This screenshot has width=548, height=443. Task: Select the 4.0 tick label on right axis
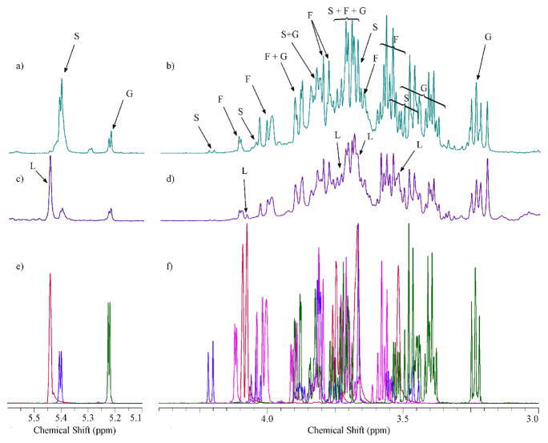point(267,417)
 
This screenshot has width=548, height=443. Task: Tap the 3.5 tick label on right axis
point(402,417)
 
